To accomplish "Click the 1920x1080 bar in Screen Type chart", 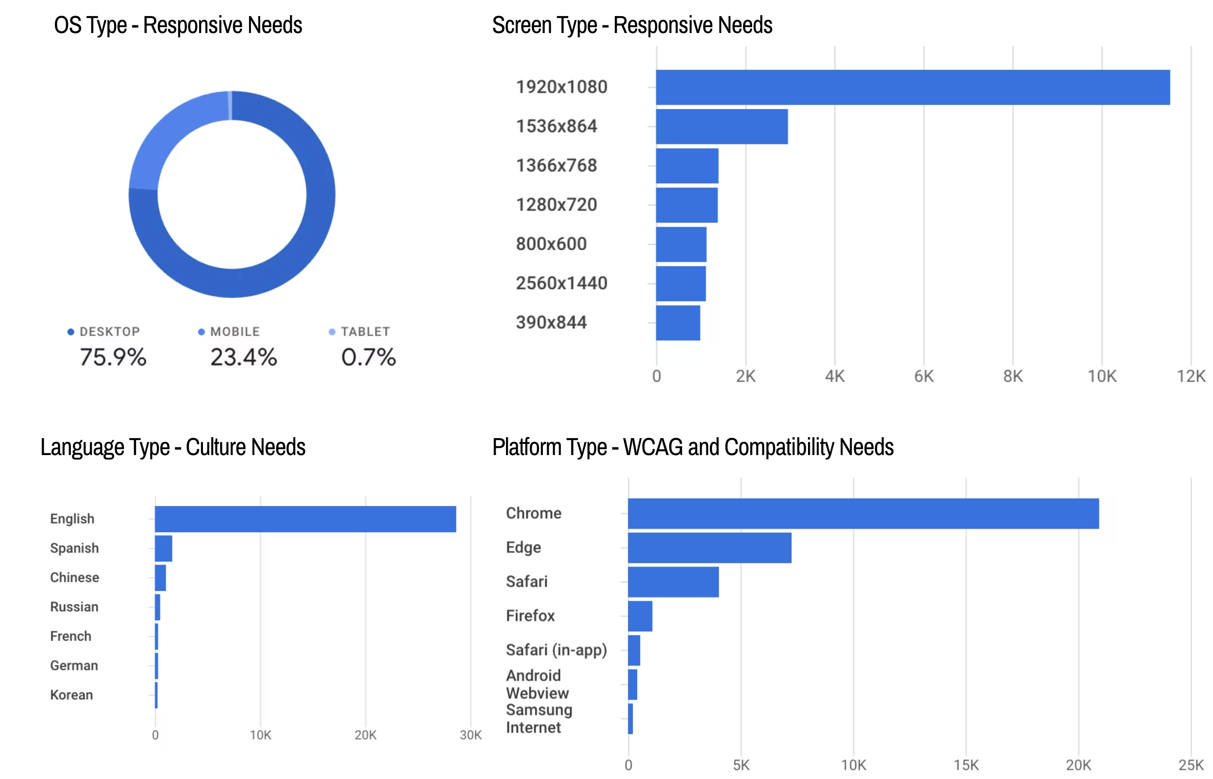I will click(912, 87).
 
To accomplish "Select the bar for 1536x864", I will click(721, 126).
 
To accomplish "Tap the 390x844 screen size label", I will click(551, 322).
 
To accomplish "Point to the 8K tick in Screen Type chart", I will click(1012, 376).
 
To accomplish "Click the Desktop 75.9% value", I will click(113, 357).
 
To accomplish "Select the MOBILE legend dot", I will click(201, 332).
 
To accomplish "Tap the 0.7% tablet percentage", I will click(368, 357).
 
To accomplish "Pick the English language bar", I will click(305, 519).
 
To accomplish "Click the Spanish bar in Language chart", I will click(163, 548).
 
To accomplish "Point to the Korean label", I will click(71, 694).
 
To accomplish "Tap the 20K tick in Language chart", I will click(365, 735).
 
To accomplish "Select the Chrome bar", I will click(862, 513).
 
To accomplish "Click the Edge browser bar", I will click(709, 548).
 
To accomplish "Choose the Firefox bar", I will click(640, 616).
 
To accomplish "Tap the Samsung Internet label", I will click(539, 718).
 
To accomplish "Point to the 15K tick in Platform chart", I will click(966, 765).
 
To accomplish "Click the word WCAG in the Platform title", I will click(653, 447).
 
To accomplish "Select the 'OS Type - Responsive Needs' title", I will click(178, 25).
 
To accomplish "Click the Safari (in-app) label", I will click(556, 650).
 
